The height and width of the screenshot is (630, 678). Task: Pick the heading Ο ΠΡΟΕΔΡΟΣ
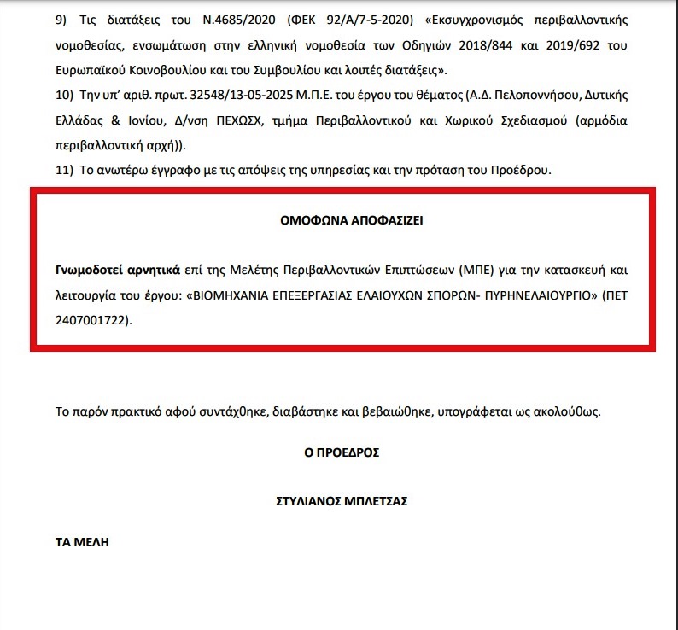(341, 452)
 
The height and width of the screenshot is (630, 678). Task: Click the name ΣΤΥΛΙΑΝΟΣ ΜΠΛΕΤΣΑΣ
(341, 501)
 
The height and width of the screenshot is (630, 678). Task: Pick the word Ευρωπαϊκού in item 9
(92, 69)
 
